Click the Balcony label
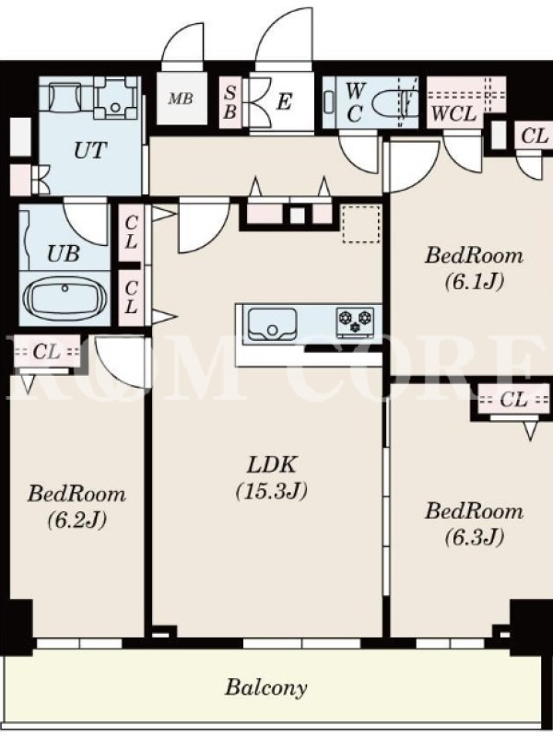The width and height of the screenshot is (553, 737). (x=265, y=687)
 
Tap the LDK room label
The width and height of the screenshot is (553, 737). (x=272, y=465)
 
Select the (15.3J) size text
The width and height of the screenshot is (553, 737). (x=272, y=491)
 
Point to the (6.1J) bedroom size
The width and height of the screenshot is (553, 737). (x=474, y=281)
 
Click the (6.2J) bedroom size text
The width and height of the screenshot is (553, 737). (x=76, y=520)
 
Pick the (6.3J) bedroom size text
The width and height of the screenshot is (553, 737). (x=474, y=536)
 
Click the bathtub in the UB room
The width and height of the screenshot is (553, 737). (x=65, y=298)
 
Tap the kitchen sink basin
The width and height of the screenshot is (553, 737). (x=272, y=324)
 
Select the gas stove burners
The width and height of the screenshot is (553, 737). (x=355, y=322)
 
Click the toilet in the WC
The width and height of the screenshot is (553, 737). (x=394, y=102)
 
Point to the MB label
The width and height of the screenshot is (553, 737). (x=181, y=99)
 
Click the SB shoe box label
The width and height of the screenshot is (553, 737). (x=229, y=102)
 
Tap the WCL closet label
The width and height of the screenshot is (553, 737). (x=453, y=113)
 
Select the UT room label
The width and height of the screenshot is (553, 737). (x=89, y=150)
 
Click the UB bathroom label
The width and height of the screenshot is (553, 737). (x=63, y=254)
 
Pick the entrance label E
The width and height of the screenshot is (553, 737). (x=284, y=101)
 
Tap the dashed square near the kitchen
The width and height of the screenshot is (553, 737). (x=361, y=224)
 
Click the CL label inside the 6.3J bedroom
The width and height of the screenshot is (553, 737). (x=513, y=400)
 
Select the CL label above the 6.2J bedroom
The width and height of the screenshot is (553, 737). (x=46, y=352)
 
